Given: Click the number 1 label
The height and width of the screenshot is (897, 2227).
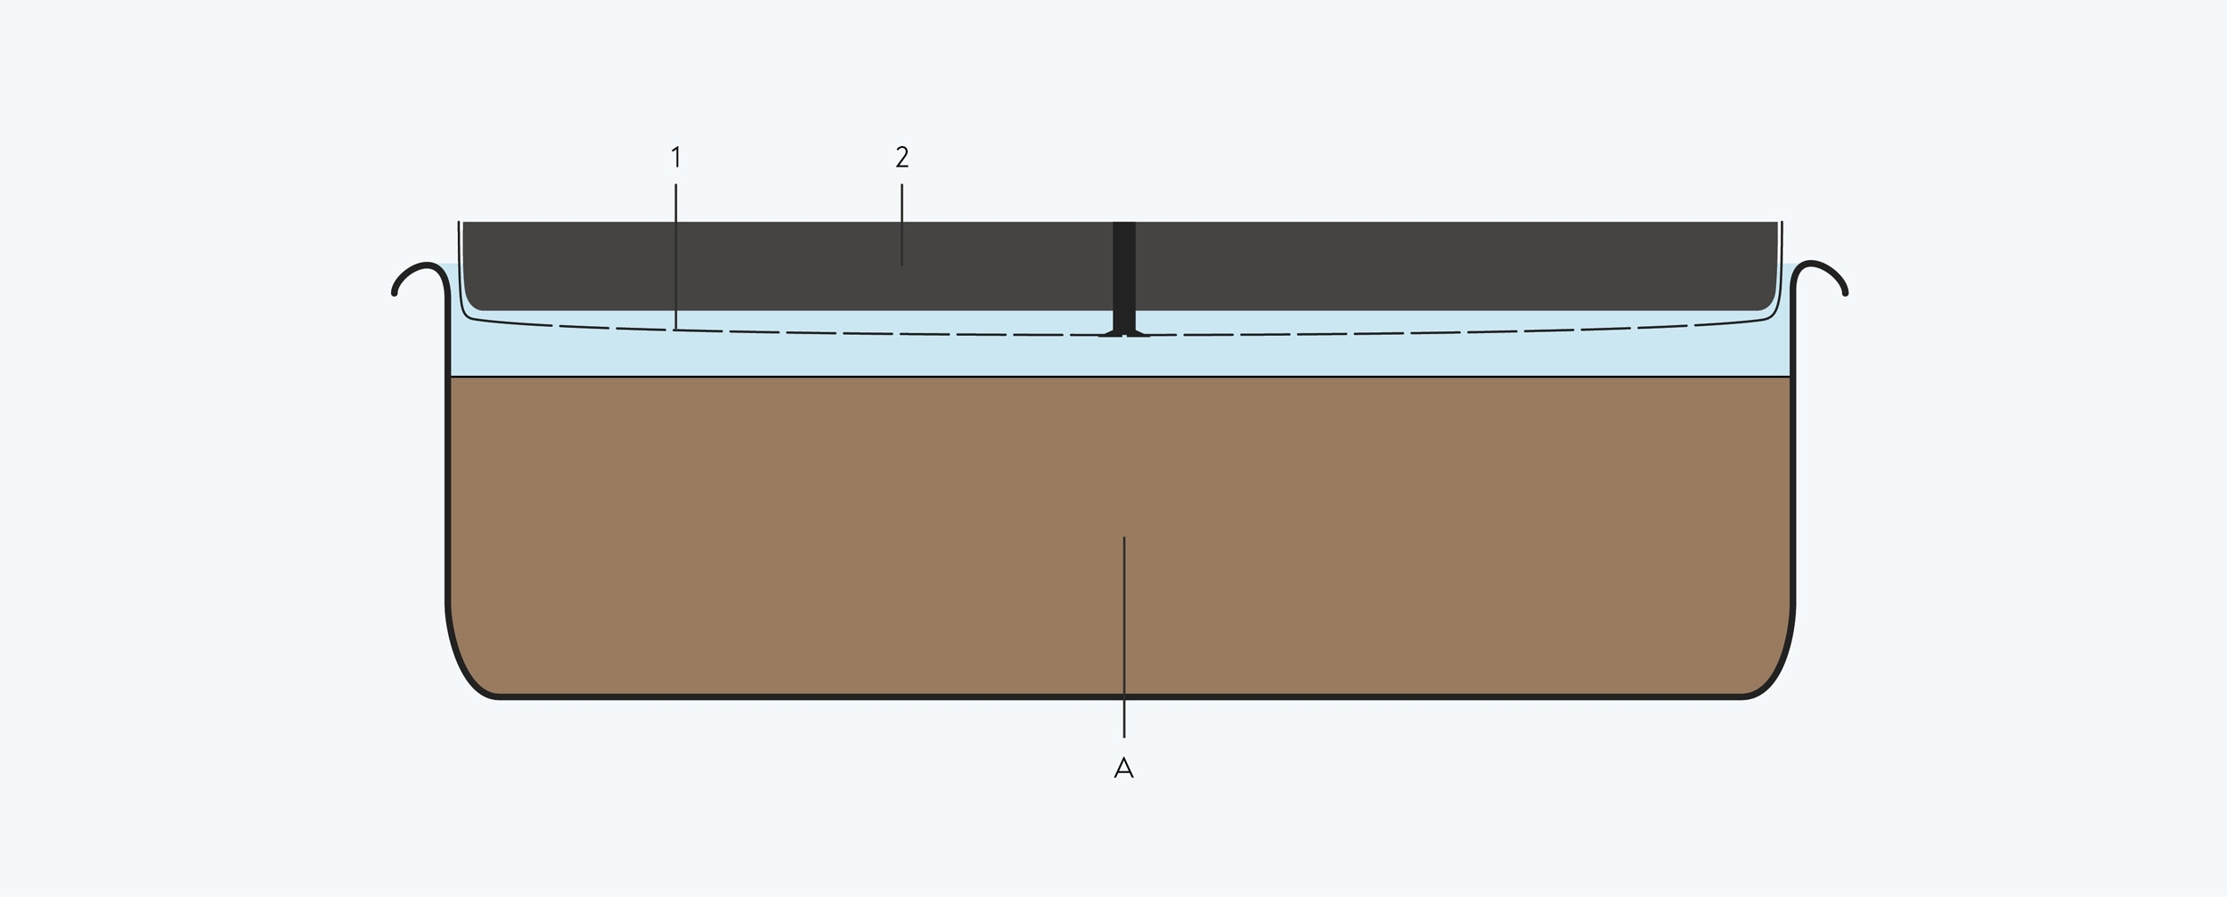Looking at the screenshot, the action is pyautogui.click(x=676, y=158).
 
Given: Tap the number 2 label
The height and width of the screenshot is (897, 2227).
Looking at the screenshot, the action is pyautogui.click(x=901, y=158).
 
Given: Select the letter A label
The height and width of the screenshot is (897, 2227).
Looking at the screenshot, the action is pyautogui.click(x=1123, y=767).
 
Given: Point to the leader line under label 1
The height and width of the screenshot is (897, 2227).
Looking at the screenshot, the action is pyautogui.click(x=676, y=257).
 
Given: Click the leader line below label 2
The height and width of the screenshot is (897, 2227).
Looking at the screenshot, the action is pyautogui.click(x=901, y=224).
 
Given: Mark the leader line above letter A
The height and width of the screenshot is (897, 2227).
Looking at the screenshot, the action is pyautogui.click(x=1124, y=637).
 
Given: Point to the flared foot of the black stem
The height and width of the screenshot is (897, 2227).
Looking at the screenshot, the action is pyautogui.click(x=1124, y=333).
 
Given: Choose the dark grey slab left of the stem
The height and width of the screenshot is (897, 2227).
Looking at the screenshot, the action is pyautogui.click(x=788, y=265).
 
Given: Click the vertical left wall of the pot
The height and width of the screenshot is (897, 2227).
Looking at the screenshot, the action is pyautogui.click(x=447, y=445).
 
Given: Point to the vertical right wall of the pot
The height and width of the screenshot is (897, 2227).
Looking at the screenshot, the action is pyautogui.click(x=1792, y=445).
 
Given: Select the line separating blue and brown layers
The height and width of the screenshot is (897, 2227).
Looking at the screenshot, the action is pyautogui.click(x=1121, y=377).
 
